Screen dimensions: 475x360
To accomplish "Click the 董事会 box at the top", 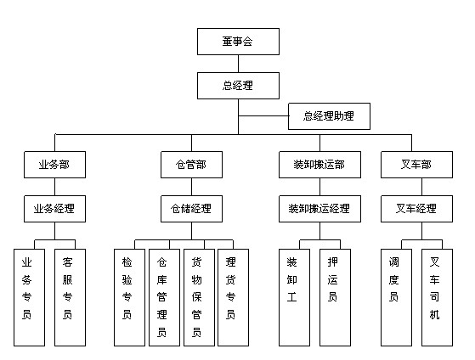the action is [x=238, y=42].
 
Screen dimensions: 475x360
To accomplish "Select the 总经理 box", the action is [x=238, y=86].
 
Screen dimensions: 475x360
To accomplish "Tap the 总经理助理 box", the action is [x=329, y=116].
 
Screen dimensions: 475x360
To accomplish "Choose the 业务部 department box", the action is [x=55, y=165].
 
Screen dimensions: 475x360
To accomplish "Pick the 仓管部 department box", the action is [x=191, y=165].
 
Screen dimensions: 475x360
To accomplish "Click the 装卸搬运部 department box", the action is [x=319, y=165].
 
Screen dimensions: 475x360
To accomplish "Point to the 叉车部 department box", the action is [x=416, y=165].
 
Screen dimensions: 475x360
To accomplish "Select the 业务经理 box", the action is [x=55, y=209].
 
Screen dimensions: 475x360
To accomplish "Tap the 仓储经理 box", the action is [x=191, y=209].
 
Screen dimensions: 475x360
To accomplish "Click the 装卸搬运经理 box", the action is [x=319, y=209].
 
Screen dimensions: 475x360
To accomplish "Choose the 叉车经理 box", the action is [x=416, y=209].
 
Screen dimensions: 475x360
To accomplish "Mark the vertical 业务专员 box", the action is [x=30, y=298].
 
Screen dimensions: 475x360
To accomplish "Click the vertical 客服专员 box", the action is [x=70, y=298].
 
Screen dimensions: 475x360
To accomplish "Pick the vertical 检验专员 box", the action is [x=129, y=298].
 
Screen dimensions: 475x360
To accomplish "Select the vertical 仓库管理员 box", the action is [x=164, y=298].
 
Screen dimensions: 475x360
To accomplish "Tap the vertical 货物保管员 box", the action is [x=199, y=298].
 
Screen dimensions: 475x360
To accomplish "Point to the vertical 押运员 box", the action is [x=335, y=298].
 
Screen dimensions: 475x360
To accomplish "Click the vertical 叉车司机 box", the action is [x=437, y=298].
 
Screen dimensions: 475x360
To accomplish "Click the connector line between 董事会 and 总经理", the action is [x=238, y=64].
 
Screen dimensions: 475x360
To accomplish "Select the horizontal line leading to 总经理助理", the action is [x=263, y=116].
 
